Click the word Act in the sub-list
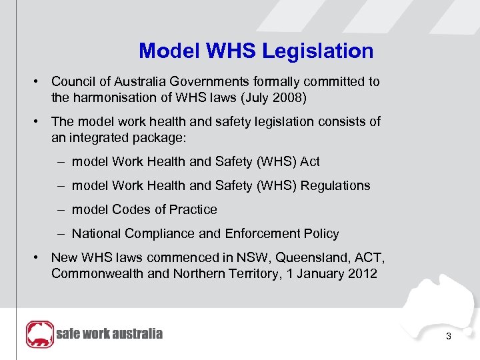[x=310, y=161]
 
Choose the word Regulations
[x=335, y=185]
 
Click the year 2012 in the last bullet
[x=361, y=273]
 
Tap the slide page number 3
[x=449, y=336]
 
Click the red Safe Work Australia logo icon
[x=39, y=334]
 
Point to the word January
[x=305, y=273]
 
